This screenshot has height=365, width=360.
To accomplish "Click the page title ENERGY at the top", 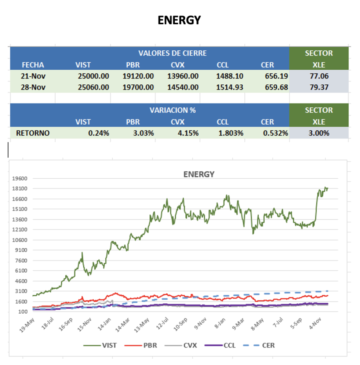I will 179,20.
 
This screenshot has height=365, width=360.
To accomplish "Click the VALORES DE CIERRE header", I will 172,53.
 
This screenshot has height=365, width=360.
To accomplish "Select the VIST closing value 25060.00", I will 93,87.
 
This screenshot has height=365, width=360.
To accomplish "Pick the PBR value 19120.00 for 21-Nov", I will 138,76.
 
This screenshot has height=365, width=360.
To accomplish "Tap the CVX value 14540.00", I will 183,87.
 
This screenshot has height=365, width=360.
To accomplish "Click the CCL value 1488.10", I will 230,76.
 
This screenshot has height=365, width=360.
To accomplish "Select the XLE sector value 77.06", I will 319,76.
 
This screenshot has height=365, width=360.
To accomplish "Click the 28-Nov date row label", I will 33,87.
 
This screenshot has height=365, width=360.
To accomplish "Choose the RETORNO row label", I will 33,133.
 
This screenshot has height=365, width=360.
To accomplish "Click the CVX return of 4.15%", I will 188,133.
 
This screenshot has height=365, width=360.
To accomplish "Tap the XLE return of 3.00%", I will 319,133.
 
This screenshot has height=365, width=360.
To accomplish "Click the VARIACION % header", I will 172,110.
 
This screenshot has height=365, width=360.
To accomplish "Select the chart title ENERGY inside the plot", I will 199,174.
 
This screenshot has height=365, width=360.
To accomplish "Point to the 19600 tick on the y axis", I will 20,179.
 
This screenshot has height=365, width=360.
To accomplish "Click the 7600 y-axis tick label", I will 21,261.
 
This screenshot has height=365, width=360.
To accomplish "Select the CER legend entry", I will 263,345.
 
